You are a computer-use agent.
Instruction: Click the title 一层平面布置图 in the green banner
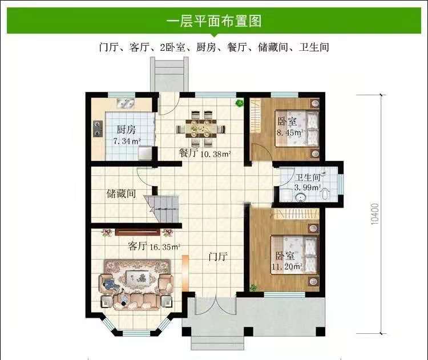[214, 21]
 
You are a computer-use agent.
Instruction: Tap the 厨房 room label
[126, 130]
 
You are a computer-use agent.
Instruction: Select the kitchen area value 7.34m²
[127, 141]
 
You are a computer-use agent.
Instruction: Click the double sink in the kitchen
[126, 104]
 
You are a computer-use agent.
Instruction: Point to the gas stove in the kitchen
[97, 128]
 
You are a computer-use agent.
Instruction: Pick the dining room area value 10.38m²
[216, 154]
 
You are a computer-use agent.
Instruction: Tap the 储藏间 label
[121, 194]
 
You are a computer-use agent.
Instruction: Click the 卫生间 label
[308, 177]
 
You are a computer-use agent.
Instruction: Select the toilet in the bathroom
[326, 193]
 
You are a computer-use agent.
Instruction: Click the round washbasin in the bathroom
[301, 197]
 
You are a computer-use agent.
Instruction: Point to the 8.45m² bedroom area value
[290, 133]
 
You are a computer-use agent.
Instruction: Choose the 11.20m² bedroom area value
[287, 266]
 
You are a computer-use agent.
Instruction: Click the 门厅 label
[217, 257]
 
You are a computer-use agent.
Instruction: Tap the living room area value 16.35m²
[165, 247]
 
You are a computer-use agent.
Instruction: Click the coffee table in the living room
[137, 278]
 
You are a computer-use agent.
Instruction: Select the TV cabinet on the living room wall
[138, 232]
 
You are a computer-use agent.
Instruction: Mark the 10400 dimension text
[375, 214]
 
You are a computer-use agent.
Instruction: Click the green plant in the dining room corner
[239, 103]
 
